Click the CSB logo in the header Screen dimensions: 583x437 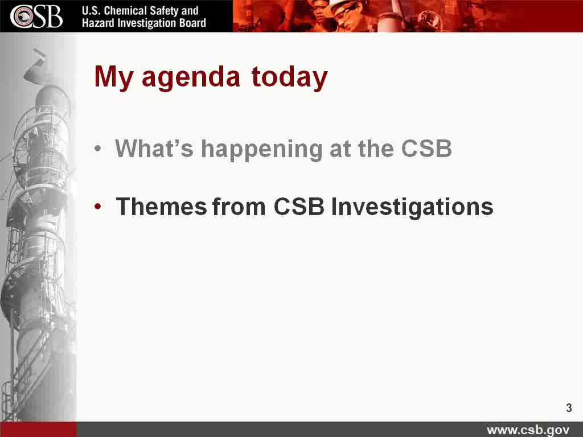pos(36,17)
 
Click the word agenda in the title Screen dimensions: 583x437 pos(191,78)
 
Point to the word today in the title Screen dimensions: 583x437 pos(289,78)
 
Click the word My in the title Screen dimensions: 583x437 pos(113,78)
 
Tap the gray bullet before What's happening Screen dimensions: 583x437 pos(98,149)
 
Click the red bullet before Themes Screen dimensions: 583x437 pos(98,207)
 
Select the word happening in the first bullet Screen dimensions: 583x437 pos(261,150)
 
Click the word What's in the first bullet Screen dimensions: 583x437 pos(154,149)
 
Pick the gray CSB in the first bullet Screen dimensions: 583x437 pos(426,149)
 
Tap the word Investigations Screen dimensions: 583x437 pos(412,207)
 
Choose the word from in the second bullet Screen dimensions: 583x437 pos(239,207)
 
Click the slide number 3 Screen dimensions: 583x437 pos(569,407)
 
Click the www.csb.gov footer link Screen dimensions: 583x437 pos(528,430)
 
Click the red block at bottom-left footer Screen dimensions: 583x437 pos(38,429)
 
